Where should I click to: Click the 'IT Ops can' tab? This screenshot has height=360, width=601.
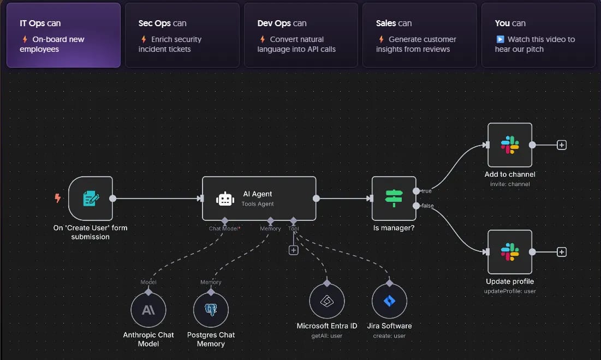(x=64, y=35)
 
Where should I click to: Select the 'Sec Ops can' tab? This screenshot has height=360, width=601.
(x=182, y=35)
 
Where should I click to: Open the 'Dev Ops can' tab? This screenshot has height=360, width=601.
(x=301, y=35)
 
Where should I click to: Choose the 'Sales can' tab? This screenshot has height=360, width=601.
(x=420, y=35)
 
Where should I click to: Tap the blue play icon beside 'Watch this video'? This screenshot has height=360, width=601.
(x=500, y=39)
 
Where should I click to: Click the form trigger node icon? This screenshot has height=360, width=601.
(x=91, y=199)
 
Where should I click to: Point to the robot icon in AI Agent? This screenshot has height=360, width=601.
(x=225, y=199)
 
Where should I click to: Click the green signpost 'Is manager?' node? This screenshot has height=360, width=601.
(x=394, y=199)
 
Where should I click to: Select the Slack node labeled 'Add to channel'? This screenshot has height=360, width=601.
(x=510, y=145)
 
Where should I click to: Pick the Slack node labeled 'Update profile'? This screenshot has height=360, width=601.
(x=510, y=252)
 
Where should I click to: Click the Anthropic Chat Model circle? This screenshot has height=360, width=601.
(x=148, y=310)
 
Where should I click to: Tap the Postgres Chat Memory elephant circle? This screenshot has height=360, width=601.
(x=211, y=310)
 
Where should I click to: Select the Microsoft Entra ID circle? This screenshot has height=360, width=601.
(x=327, y=301)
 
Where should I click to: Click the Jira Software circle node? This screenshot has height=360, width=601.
(x=389, y=301)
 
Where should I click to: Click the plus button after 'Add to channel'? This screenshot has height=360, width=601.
(x=562, y=145)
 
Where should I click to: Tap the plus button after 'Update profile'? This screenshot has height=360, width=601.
(x=562, y=252)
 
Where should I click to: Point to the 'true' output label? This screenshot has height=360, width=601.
(x=426, y=191)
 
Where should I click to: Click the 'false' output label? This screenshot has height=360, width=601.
(x=428, y=206)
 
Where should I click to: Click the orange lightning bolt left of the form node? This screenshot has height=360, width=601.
(x=57, y=198)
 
